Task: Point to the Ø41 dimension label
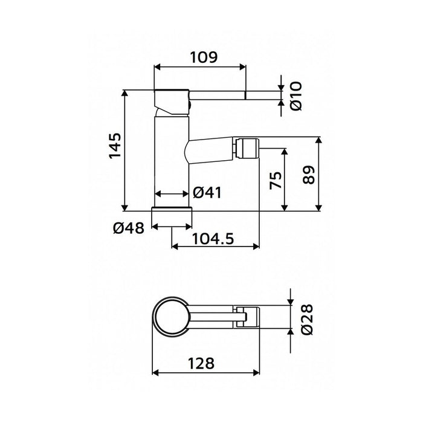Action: pos(207,193)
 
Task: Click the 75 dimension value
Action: pos(275,179)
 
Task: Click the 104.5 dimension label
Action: pos(212,238)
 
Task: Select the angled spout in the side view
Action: pos(211,150)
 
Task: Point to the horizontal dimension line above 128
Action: pos(205,372)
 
